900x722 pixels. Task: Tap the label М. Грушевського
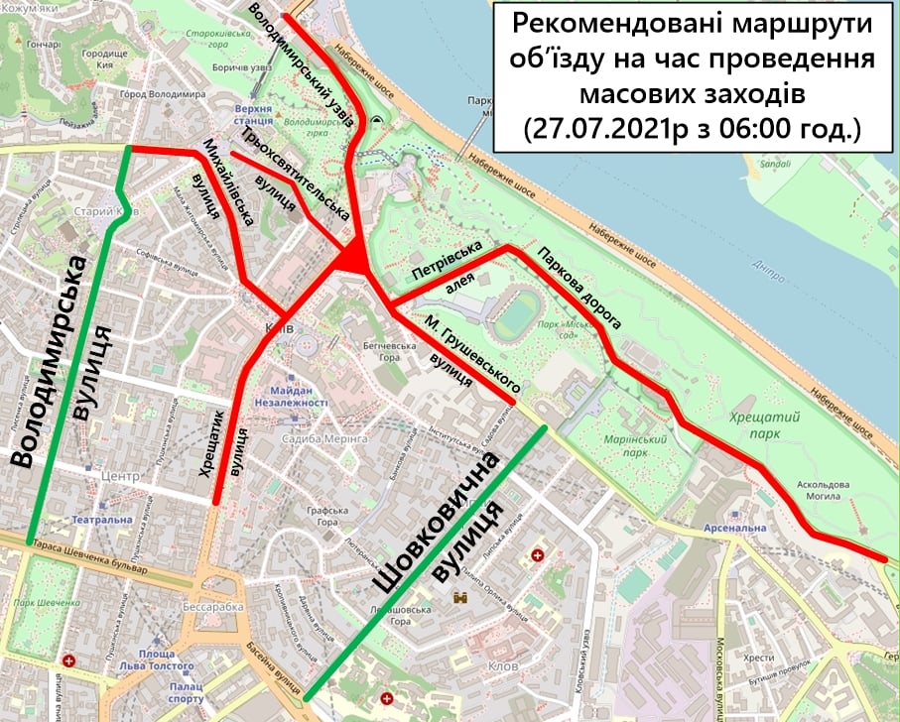(472, 354)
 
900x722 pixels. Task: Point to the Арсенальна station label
(739, 529)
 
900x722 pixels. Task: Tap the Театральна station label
(99, 520)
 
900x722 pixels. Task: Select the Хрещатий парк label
(758, 425)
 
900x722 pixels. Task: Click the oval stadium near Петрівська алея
(516, 311)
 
